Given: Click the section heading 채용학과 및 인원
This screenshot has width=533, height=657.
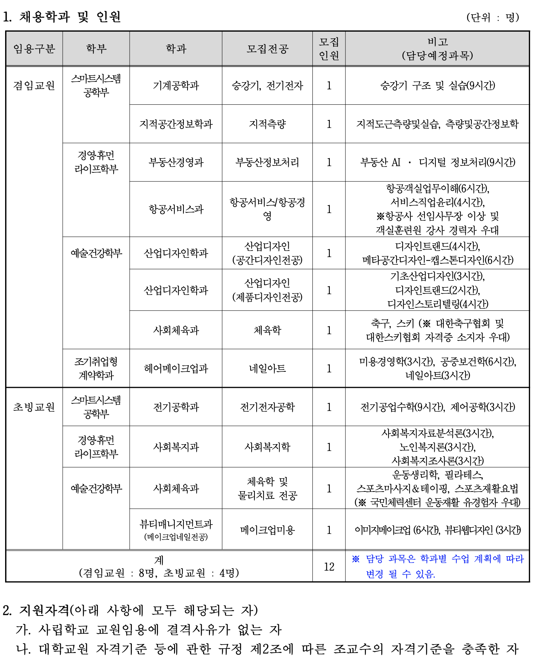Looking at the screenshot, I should (x=70, y=17).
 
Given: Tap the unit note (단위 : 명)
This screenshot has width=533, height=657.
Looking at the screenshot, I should (x=493, y=17).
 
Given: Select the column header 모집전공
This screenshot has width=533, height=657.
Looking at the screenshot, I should (x=267, y=49).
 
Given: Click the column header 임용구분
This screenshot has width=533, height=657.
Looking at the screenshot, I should (x=34, y=49).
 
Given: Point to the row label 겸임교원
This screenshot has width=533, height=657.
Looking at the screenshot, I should (x=34, y=85).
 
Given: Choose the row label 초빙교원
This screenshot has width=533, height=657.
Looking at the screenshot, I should (x=34, y=407).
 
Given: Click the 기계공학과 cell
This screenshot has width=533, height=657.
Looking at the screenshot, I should (x=176, y=86).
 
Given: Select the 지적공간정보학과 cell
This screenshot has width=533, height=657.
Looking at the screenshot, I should (x=176, y=124).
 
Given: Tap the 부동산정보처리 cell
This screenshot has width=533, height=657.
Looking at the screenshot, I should (x=267, y=162).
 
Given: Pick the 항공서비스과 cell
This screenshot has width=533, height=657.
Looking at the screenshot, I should (x=176, y=209).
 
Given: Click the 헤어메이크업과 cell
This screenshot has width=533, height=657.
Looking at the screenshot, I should (x=176, y=369).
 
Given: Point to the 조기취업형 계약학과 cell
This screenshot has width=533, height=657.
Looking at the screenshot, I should (x=96, y=368).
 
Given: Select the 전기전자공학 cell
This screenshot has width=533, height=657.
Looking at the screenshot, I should (x=267, y=407).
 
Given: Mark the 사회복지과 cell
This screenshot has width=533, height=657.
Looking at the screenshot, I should (x=176, y=447).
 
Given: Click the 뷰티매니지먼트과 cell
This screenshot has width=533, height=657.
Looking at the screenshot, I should (x=176, y=529).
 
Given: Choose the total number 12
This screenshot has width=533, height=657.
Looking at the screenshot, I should (x=329, y=566).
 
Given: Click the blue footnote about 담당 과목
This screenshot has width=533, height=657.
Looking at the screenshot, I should (x=437, y=566).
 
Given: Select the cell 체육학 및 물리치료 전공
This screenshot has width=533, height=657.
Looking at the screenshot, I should (x=267, y=488).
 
